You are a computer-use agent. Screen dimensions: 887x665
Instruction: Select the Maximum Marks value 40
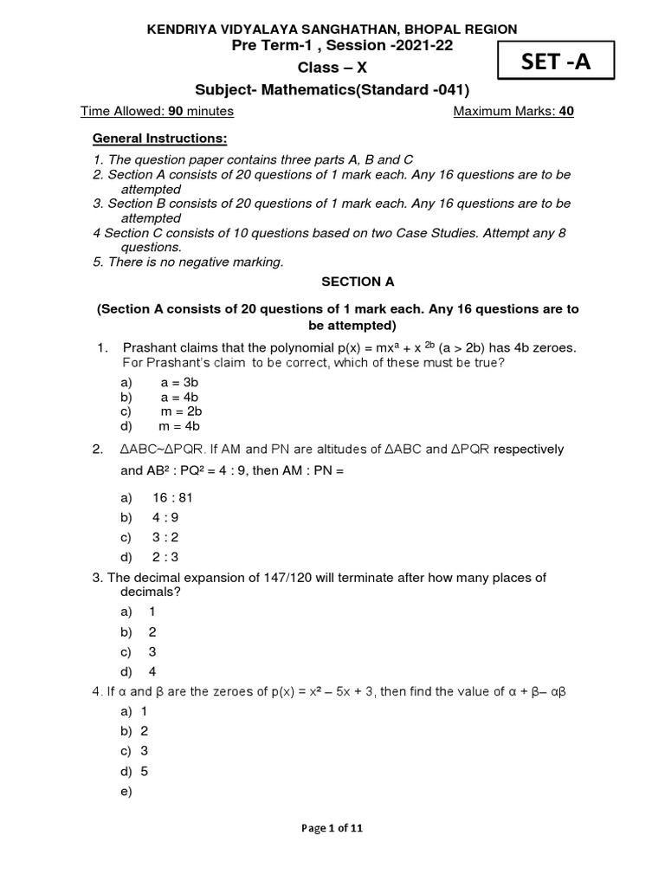click(566, 112)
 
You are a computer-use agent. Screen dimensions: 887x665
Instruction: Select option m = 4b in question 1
click(179, 426)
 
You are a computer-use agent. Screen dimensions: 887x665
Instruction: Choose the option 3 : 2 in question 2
click(165, 538)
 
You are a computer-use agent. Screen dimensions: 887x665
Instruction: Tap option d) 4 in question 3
click(152, 671)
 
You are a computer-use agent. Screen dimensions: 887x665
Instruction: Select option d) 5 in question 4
click(144, 771)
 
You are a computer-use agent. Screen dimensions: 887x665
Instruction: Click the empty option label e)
click(126, 791)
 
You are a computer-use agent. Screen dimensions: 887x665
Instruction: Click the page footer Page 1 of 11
click(332, 828)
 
